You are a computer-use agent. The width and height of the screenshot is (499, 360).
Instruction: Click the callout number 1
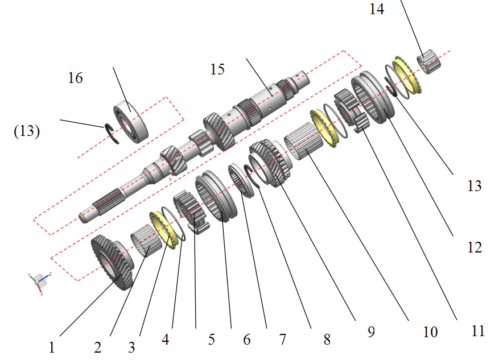(x=51, y=346)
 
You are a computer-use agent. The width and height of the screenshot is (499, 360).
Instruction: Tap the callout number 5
(x=211, y=340)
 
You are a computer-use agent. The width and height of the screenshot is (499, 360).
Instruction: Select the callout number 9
(x=370, y=332)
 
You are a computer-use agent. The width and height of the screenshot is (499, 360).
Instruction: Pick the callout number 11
(x=478, y=330)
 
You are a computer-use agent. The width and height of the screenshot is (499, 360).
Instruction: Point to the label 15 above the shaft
(x=217, y=69)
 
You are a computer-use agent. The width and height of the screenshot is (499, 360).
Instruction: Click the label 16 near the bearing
(x=75, y=78)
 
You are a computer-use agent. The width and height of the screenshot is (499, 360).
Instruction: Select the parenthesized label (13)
(x=27, y=131)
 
